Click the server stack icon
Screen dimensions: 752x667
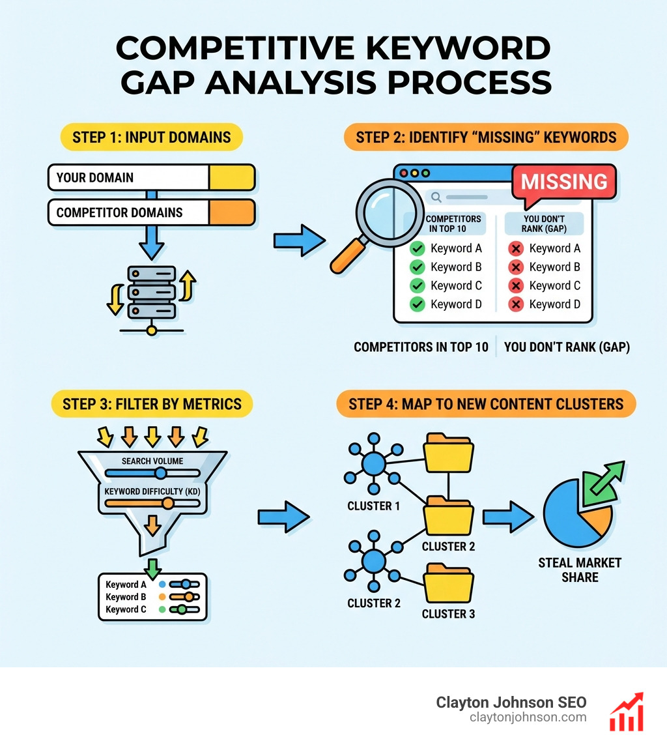click(152, 291)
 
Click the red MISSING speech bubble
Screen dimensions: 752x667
click(564, 181)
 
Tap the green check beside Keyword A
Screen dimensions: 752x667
click(418, 248)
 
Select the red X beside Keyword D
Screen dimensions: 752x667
click(516, 304)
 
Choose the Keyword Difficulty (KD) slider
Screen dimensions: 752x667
click(152, 502)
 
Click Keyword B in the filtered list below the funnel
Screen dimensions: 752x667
click(122, 597)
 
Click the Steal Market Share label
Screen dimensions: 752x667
click(580, 569)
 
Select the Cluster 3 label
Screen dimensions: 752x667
click(449, 614)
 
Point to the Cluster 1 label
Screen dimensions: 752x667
click(373, 506)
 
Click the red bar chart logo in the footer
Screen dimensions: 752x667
click(626, 712)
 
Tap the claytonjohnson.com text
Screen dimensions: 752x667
click(528, 717)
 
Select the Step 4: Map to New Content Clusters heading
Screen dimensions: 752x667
click(486, 404)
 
